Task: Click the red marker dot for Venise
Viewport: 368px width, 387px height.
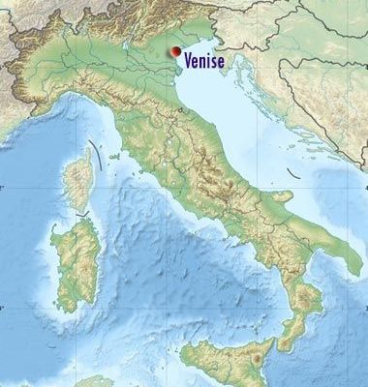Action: tap(175, 52)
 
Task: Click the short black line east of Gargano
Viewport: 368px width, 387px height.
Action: tap(291, 175)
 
